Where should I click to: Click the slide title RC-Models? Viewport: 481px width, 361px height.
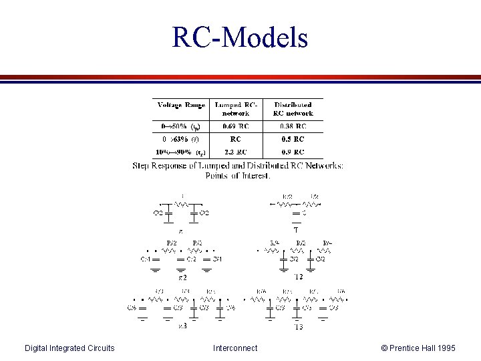(240, 37)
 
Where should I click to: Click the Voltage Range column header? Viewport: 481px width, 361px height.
(181, 105)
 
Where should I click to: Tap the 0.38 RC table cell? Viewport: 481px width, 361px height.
(292, 126)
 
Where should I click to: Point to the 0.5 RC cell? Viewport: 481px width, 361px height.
(292, 139)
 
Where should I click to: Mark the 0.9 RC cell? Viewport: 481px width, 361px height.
(292, 152)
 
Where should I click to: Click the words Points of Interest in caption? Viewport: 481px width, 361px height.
(238, 175)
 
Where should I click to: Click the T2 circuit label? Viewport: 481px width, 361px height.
(298, 276)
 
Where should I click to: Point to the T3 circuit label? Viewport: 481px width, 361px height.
(298, 326)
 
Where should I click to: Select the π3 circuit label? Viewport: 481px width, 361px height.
(182, 326)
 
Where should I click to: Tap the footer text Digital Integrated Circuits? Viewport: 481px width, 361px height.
(69, 348)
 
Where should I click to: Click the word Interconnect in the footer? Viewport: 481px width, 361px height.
(234, 348)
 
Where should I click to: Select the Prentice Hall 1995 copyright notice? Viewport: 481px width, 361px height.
(418, 348)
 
